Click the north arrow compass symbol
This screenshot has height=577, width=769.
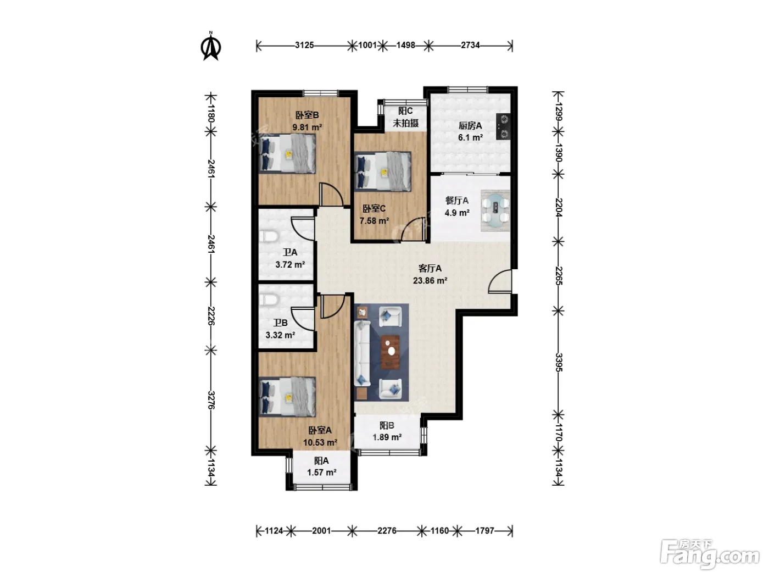pos(210,46)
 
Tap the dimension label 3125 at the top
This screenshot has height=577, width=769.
pos(304,45)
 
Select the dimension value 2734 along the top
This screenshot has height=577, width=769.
pos(470,45)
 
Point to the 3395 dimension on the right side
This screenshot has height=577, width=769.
pos(559,362)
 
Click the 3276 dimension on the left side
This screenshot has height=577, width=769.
pos(211,400)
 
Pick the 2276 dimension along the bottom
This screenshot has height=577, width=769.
pos(387,531)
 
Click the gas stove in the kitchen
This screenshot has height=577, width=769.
pos(503,126)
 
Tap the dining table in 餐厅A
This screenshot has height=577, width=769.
pos(495,210)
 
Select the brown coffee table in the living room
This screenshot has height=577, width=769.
pos(391,352)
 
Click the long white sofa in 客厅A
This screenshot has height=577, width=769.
pos(362,354)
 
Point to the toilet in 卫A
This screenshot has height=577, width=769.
pos(269,236)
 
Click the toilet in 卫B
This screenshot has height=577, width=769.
pos(269,300)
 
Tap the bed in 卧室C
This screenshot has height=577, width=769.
pos(382,171)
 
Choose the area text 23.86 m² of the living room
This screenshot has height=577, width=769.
pos(430,281)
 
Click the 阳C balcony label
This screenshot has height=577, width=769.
pos(405,111)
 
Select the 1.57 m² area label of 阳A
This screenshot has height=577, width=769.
pos(322,472)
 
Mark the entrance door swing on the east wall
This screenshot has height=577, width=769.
pos(500,281)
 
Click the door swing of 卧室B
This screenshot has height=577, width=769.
pos(331,195)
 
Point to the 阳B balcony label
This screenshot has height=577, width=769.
pos(387,425)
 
